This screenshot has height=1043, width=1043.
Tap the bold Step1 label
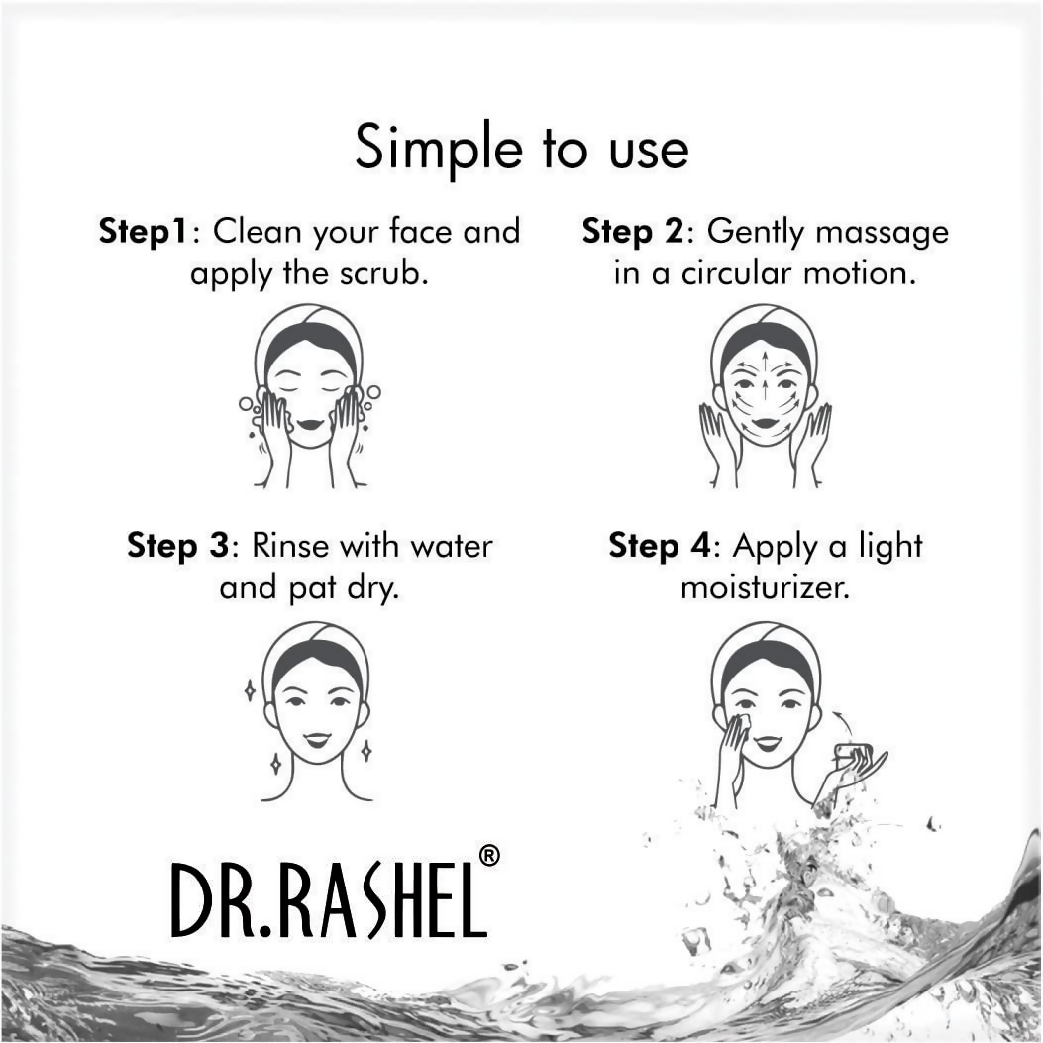pyautogui.click(x=143, y=232)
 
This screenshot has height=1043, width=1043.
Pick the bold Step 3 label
pyautogui.click(x=178, y=546)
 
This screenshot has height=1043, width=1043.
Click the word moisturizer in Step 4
pyautogui.click(x=765, y=588)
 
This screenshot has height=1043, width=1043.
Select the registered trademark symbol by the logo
pyautogui.click(x=488, y=855)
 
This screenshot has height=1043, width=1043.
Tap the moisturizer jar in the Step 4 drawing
pyautogui.click(x=853, y=755)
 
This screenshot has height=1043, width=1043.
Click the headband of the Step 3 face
pyautogui.click(x=315, y=645)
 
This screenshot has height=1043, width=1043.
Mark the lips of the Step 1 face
pyautogui.click(x=309, y=425)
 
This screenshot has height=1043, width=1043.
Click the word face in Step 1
pyautogui.click(x=398, y=232)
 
